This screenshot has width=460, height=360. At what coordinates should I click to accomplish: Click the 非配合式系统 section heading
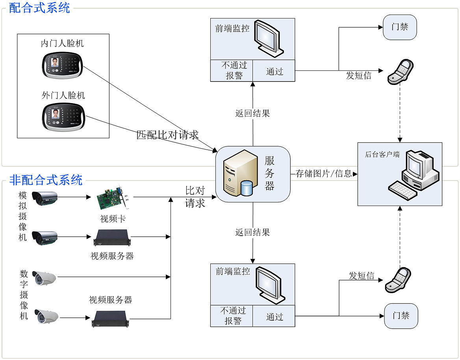click(x=46, y=180)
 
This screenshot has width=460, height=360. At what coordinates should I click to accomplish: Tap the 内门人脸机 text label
click(x=62, y=43)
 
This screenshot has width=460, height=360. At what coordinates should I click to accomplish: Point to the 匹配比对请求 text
click(x=167, y=135)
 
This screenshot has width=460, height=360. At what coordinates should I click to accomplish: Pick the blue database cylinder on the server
click(x=246, y=188)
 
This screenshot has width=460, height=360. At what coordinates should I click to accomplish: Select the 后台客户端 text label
click(x=382, y=155)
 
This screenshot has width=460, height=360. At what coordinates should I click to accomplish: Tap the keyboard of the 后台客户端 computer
click(x=403, y=190)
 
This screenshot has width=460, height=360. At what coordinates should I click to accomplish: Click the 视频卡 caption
click(x=113, y=219)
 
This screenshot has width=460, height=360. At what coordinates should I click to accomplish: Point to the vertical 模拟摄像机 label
click(x=23, y=216)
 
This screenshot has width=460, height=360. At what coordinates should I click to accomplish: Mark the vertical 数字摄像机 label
click(x=24, y=295)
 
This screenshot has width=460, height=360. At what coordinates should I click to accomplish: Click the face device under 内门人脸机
click(x=63, y=65)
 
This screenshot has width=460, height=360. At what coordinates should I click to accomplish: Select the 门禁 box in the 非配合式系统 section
click(x=401, y=316)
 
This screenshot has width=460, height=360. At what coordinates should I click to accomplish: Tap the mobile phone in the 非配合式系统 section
click(x=399, y=280)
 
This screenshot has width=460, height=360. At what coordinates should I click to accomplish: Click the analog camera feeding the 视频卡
click(x=44, y=197)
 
